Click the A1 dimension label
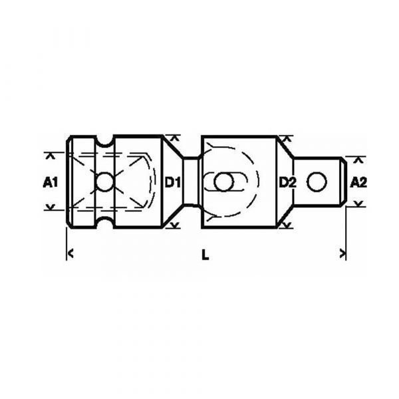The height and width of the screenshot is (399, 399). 51,182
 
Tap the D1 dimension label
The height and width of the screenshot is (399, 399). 172,182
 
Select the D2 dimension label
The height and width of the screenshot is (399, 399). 287,182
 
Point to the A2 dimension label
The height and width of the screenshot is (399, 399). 358,182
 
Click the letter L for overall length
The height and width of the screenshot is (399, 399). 205,255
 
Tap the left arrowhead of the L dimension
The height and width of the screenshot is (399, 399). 71,253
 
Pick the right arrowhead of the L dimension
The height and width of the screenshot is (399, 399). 342,253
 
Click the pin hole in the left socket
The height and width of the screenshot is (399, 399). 105,182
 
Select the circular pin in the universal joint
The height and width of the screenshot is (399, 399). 223,182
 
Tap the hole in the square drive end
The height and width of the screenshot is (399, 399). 317,182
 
